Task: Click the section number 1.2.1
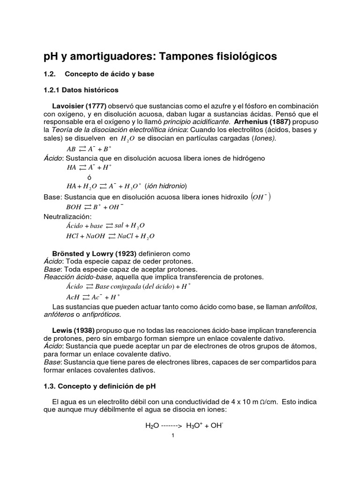coord(52,89)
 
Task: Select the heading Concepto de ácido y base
coord(109,74)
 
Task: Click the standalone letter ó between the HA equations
coord(89,177)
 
